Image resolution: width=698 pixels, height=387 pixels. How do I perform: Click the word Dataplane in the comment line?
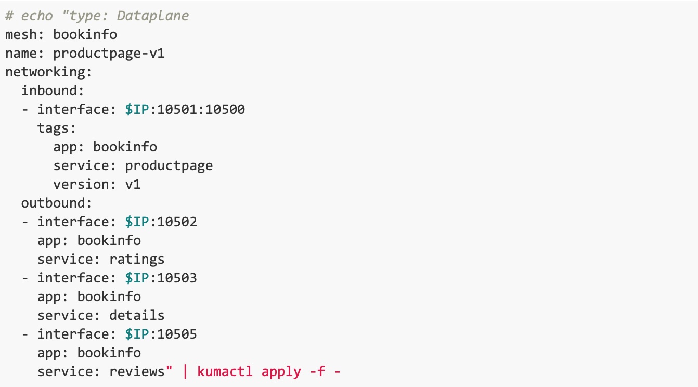coord(153,16)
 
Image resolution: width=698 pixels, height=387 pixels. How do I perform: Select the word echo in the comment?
coord(37,16)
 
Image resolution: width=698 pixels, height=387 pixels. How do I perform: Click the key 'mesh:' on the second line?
coord(25,34)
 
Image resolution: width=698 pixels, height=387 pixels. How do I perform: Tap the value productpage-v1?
coord(109,54)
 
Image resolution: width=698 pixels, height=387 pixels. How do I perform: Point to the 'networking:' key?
coord(48,72)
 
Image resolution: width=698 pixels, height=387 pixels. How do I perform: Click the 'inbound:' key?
coord(53,91)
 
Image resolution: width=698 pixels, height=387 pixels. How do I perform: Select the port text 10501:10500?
coord(201,109)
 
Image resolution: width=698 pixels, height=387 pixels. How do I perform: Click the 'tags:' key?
coord(57,128)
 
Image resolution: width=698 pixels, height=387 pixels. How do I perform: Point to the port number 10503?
coord(177,278)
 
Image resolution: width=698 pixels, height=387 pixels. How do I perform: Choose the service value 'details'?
coord(137,315)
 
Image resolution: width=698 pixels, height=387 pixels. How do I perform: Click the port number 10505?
coord(177,334)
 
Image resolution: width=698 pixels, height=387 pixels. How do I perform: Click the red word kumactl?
coord(225,371)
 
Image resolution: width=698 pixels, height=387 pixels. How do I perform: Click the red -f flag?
coord(317,371)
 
